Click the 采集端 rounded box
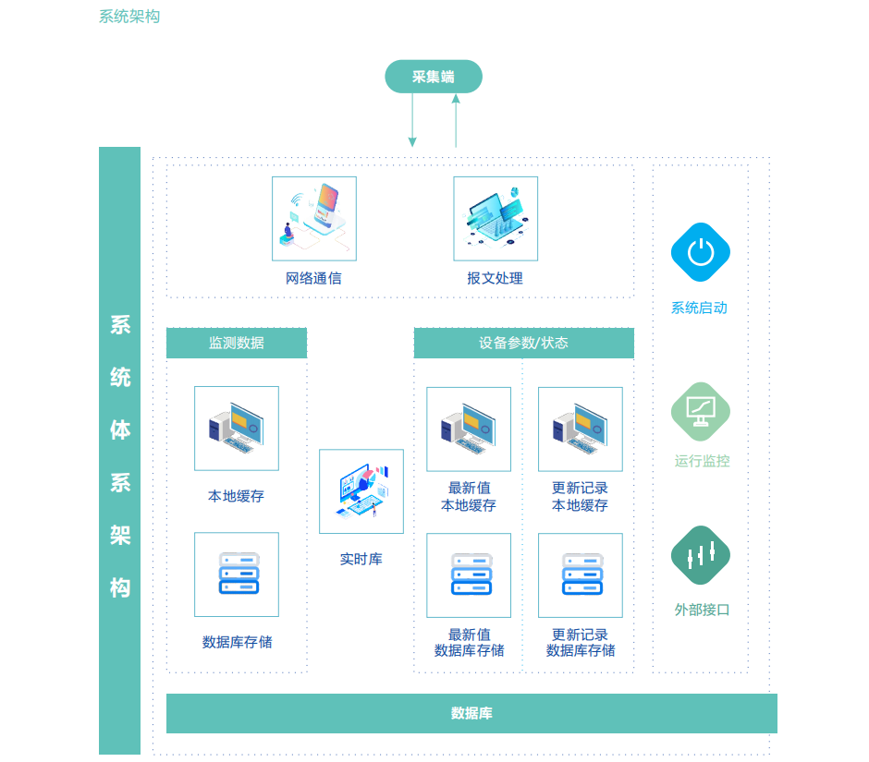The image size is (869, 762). tap(434, 77)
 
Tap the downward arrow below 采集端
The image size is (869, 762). tap(412, 120)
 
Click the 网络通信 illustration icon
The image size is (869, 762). tap(313, 219)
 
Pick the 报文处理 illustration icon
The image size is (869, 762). tap(496, 219)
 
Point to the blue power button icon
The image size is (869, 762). tap(701, 251)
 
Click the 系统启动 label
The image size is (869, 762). tap(699, 308)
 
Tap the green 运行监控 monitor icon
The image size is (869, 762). tap(701, 410)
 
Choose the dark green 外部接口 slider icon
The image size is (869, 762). tap(701, 555)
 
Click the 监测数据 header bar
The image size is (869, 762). tap(237, 343)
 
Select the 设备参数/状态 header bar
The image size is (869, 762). tap(523, 343)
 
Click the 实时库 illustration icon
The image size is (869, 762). tap(361, 491)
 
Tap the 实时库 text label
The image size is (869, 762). tap(361, 559)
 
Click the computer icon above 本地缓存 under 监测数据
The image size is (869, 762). tap(237, 429)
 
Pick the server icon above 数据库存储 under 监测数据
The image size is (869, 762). tap(237, 575)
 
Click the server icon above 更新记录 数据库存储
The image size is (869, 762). tap(581, 575)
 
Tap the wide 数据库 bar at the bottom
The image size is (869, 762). tap(471, 713)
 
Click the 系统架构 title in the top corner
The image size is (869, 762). tap(129, 17)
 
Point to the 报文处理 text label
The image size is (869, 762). tap(495, 278)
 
